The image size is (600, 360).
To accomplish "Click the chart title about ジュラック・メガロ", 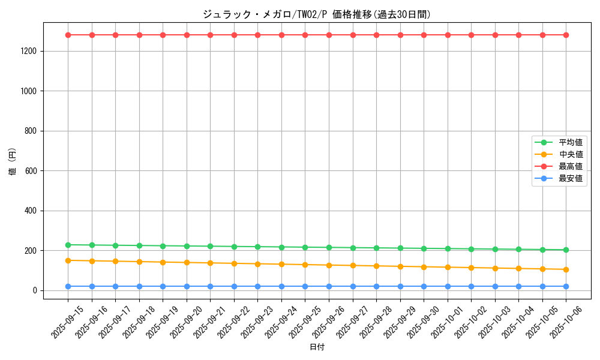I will coord(317,14).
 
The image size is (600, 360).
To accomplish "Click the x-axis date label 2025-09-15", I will coord(67,322).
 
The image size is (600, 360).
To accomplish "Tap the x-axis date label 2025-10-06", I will coord(565,322).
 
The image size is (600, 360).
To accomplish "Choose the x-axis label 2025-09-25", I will coord(304,322).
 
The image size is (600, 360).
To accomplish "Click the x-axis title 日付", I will coord(317,347).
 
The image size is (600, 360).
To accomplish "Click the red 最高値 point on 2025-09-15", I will coord(68,35).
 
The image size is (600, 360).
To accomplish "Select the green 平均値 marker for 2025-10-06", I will coord(566,250).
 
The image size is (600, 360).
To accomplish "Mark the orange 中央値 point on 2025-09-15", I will coord(68,260).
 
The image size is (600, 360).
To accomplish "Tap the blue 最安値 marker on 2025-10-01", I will coord(448,286).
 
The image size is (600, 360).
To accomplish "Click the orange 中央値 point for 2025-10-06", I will coord(566,269).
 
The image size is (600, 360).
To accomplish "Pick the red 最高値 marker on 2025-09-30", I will coord(424,35).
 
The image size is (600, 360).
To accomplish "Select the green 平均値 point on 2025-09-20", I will coord(187,246).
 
